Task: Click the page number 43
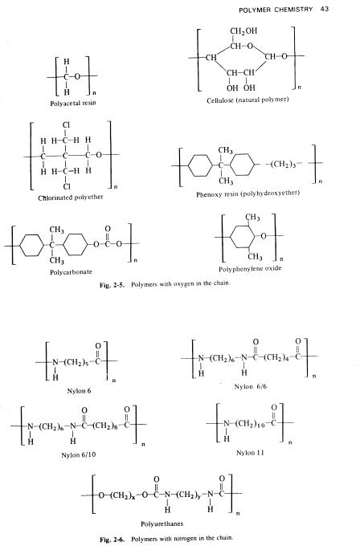(325, 9)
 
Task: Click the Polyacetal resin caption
(73, 103)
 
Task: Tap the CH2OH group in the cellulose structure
(243, 31)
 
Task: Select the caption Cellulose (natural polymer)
(247, 100)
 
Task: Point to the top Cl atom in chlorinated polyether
(66, 125)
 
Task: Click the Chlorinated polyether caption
(71, 198)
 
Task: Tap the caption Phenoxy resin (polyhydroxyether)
(247, 194)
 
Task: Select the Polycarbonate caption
(71, 272)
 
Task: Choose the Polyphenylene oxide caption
(250, 269)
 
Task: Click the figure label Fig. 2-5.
(112, 285)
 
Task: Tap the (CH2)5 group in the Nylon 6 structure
(74, 362)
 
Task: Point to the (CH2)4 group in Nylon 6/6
(277, 357)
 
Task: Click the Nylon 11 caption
(250, 453)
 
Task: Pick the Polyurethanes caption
(162, 523)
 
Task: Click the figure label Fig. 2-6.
(112, 540)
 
